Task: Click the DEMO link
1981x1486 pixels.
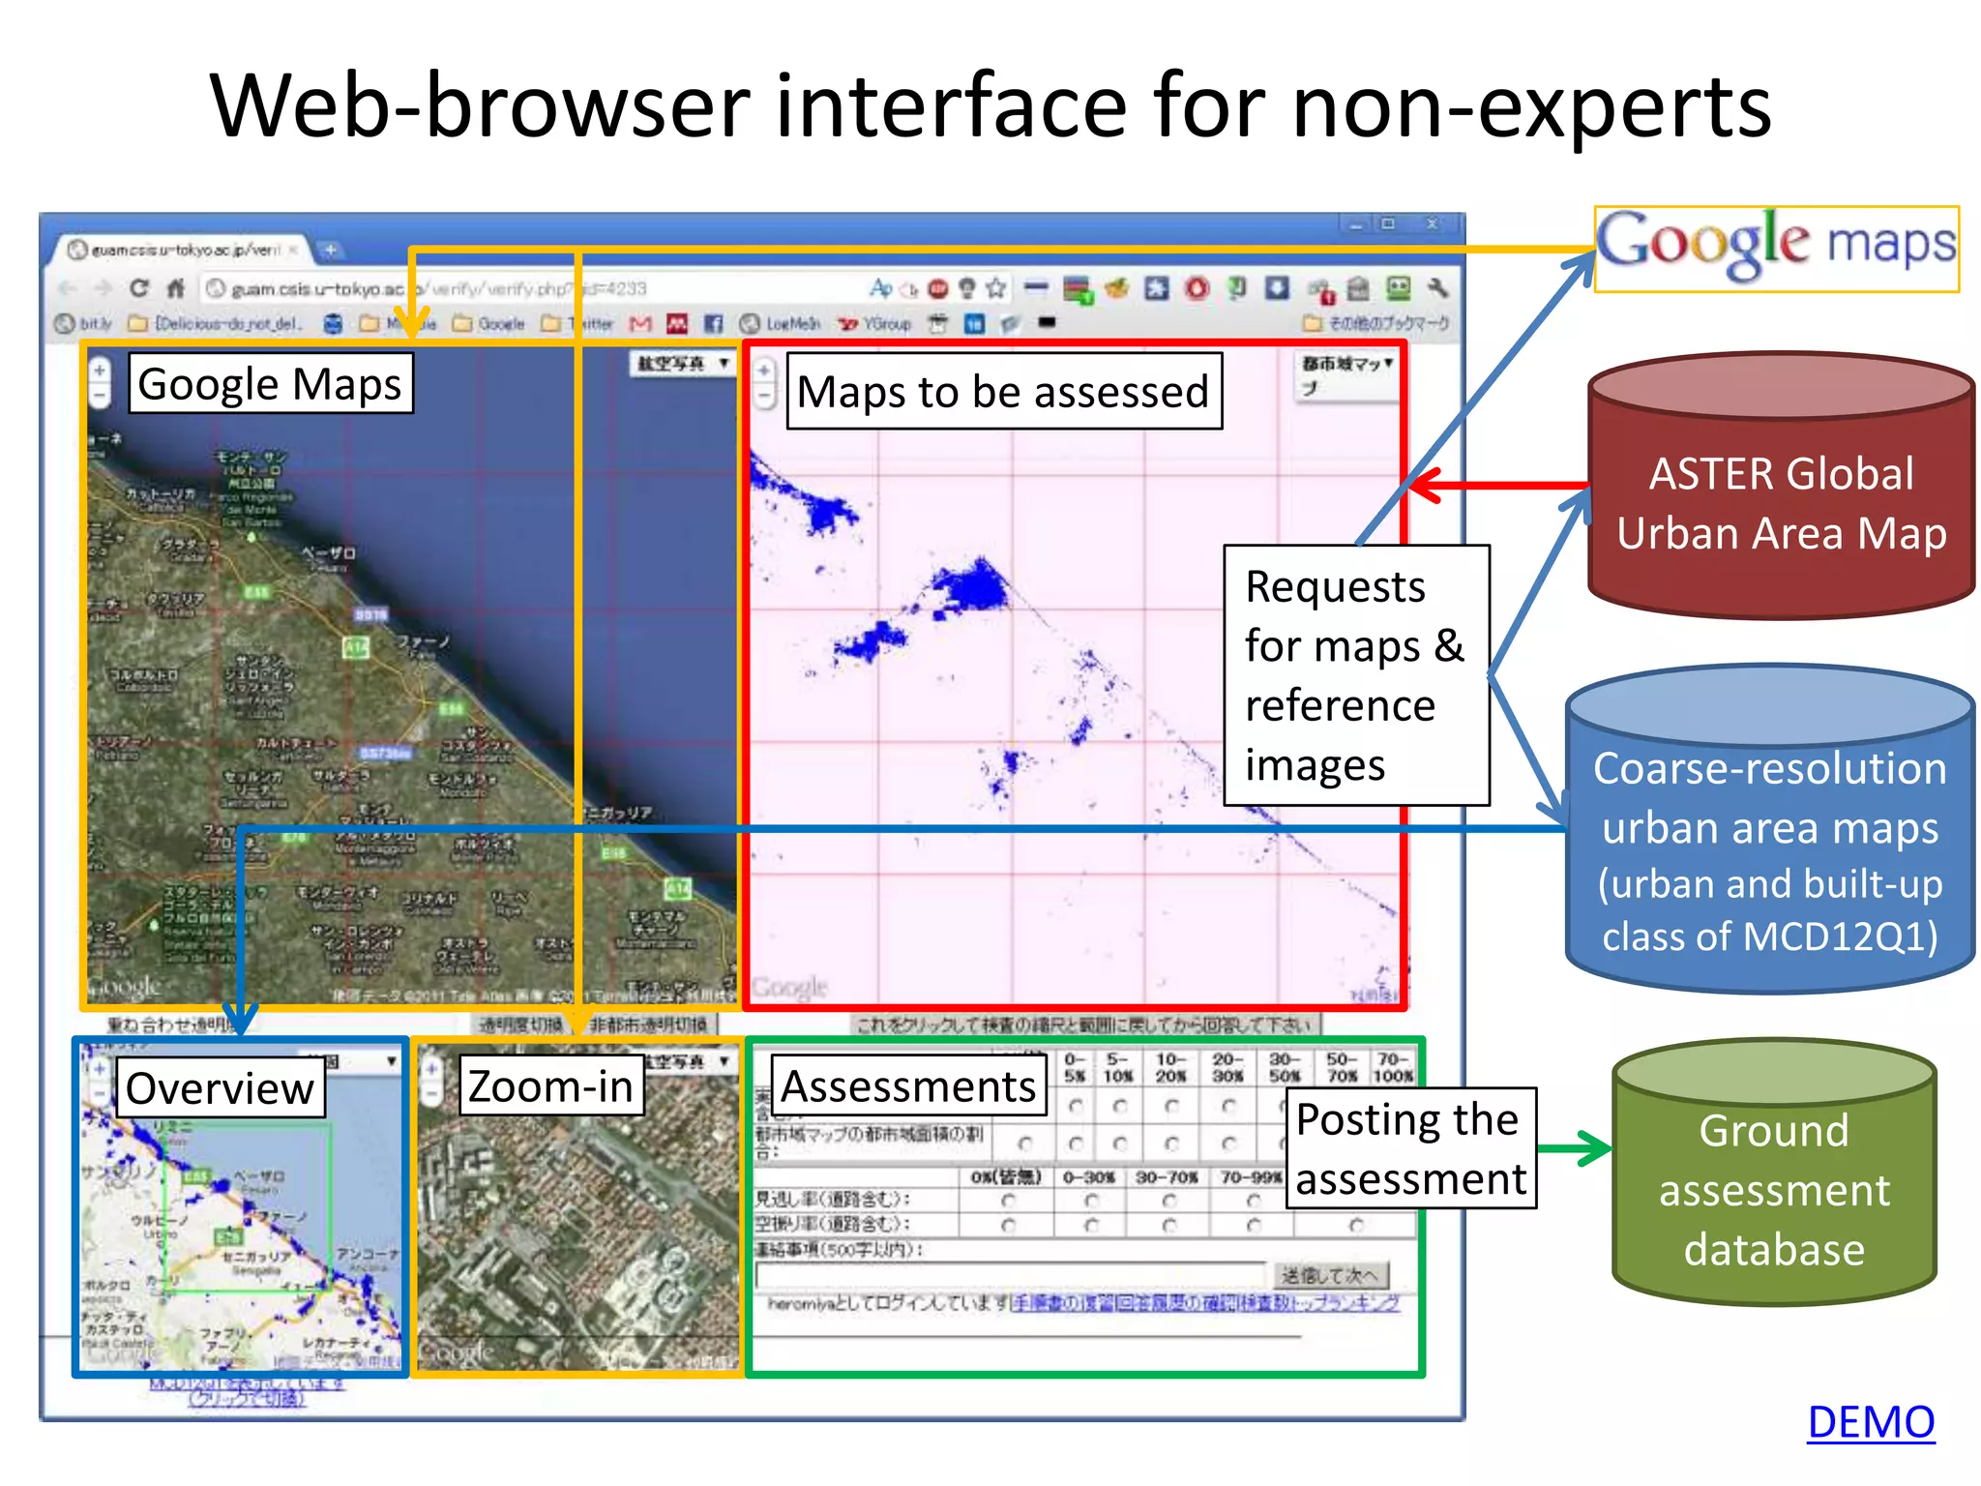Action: click(x=1870, y=1422)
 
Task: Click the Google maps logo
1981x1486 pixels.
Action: click(x=1776, y=248)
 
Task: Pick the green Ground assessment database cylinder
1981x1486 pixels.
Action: click(x=1774, y=1189)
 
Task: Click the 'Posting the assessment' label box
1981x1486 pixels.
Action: click(x=1410, y=1148)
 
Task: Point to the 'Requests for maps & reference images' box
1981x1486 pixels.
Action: click(x=1355, y=675)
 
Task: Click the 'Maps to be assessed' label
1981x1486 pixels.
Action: click(x=1003, y=392)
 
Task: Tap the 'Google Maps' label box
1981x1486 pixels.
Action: click(x=270, y=384)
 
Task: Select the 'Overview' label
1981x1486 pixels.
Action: click(x=220, y=1088)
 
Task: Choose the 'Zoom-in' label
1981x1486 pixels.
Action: click(x=550, y=1086)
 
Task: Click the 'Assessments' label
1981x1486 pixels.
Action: click(x=907, y=1086)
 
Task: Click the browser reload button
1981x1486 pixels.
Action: click(x=139, y=288)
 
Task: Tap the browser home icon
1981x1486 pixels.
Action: click(x=175, y=288)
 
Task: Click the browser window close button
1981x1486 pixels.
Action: click(x=1433, y=223)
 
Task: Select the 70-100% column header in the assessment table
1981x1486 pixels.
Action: click(x=1393, y=1067)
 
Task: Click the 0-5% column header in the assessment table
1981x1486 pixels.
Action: click(x=1075, y=1067)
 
